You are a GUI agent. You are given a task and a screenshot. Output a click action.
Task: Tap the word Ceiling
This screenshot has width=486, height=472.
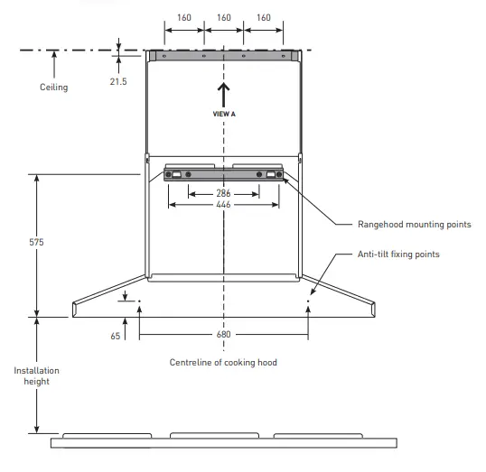[53, 88]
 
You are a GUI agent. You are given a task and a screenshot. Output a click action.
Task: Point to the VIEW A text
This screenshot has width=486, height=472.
[224, 115]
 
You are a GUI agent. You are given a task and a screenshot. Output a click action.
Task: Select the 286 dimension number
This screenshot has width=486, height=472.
[224, 193]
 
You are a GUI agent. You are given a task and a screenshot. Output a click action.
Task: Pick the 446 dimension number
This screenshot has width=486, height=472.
[224, 205]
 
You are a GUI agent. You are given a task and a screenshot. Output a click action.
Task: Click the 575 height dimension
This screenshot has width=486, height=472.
[36, 243]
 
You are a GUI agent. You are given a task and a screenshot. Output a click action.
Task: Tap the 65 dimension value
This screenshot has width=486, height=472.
[115, 335]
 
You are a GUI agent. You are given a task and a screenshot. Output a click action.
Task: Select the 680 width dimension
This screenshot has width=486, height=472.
[224, 335]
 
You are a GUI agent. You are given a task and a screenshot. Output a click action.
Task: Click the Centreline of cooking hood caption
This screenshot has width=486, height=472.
[223, 362]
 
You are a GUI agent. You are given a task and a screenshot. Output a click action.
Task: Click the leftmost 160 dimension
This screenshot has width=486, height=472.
[184, 17]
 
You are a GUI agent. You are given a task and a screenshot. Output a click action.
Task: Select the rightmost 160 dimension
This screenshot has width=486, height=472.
[264, 17]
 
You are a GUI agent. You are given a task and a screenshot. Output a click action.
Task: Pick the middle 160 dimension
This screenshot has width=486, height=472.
[224, 17]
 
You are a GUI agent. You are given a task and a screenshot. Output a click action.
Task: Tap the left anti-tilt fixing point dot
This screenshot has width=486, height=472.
[139, 301]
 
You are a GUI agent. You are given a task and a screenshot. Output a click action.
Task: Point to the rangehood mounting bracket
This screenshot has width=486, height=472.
[224, 173]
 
